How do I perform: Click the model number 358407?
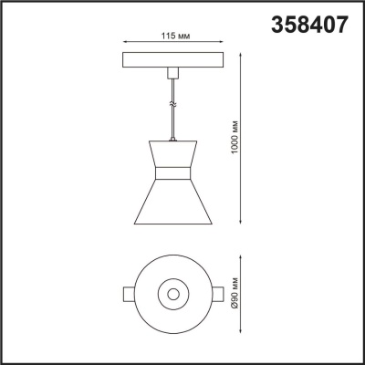pos(309,26)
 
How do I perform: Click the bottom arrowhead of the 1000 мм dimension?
pos(241,220)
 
